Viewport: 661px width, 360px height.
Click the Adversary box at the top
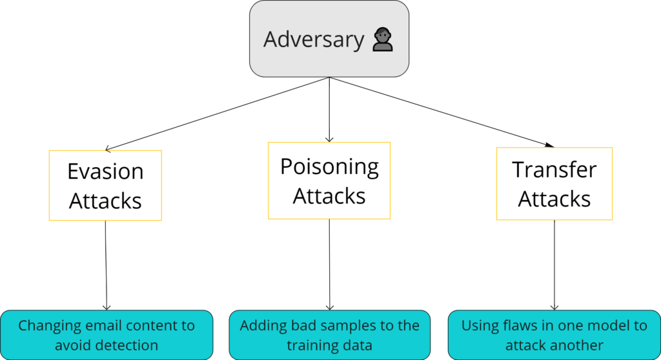tap(329, 39)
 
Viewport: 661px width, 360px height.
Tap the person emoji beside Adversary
tap(383, 41)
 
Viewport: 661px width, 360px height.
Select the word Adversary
tap(314, 40)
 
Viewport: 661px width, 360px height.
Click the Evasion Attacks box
tap(105, 186)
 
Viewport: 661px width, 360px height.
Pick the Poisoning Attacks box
tap(329, 181)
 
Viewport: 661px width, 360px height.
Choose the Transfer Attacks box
tap(554, 184)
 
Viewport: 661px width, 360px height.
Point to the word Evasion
tap(105, 172)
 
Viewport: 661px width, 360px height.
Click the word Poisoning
tap(329, 166)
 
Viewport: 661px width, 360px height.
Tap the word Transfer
tap(554, 170)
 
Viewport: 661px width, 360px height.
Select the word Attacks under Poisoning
tap(329, 196)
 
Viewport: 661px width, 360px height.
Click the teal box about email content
tap(107, 335)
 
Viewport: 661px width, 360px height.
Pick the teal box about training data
tap(329, 335)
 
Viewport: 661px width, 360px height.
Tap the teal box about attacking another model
tap(554, 335)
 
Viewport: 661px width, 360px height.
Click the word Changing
tap(45, 326)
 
